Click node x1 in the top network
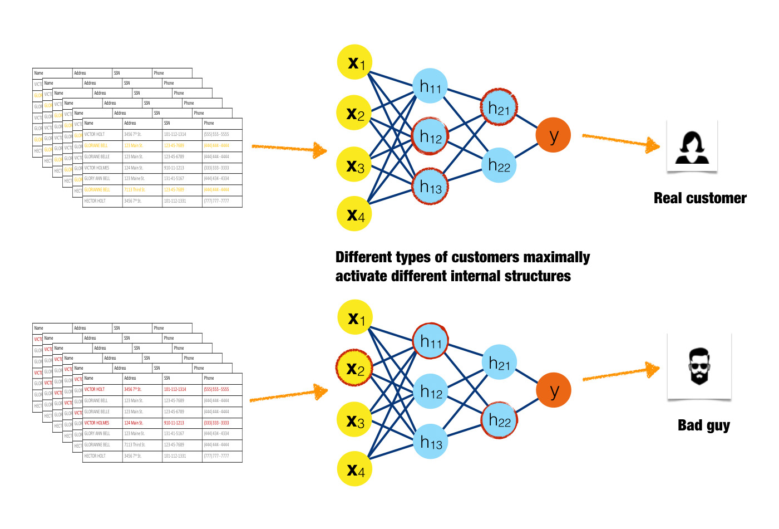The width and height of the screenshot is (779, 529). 354,62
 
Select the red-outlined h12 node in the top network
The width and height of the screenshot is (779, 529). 430,135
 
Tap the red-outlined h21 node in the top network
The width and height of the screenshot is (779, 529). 499,107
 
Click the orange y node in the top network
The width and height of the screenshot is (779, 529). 553,135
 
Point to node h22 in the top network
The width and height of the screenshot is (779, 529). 499,165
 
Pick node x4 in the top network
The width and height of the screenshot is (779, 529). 354,214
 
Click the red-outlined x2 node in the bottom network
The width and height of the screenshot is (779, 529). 354,368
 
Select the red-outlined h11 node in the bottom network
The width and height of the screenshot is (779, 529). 430,340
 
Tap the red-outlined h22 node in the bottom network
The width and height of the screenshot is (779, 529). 499,420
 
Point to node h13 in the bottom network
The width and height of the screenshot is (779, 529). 431,442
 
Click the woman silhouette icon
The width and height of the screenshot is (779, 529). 692,148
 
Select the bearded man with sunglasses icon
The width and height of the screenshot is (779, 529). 699,366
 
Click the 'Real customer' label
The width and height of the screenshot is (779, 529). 699,198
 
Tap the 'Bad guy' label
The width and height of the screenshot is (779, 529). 703,425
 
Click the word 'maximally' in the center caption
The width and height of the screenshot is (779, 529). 556,257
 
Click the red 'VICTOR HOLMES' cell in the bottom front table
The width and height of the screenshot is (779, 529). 97,423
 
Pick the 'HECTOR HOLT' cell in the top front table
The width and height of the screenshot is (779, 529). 95,201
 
